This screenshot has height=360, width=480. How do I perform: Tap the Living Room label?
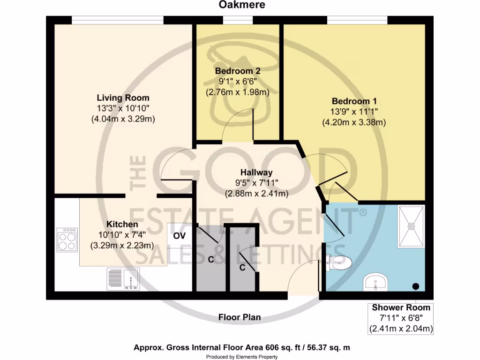[x=123, y=98]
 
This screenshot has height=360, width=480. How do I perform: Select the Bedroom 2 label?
[x=238, y=71]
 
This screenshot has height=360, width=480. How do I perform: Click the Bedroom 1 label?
[x=354, y=101]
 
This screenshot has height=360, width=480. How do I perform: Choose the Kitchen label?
[x=122, y=224]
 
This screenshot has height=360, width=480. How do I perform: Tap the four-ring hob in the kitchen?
[x=67, y=240]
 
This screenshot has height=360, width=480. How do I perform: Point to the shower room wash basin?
[x=375, y=282]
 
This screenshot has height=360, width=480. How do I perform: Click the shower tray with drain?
[x=411, y=226]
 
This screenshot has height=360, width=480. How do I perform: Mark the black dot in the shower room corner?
[x=415, y=286]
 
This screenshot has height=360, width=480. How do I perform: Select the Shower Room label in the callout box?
[x=401, y=308]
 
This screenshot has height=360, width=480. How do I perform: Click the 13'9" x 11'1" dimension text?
[x=354, y=112]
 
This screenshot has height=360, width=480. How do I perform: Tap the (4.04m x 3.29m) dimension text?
[x=123, y=119]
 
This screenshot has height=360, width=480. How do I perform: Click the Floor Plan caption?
[x=240, y=317]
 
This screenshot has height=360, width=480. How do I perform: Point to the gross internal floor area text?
[x=241, y=347]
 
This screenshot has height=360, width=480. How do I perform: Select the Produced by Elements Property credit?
[x=242, y=357]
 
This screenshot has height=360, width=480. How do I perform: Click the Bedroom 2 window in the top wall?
[x=238, y=20]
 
